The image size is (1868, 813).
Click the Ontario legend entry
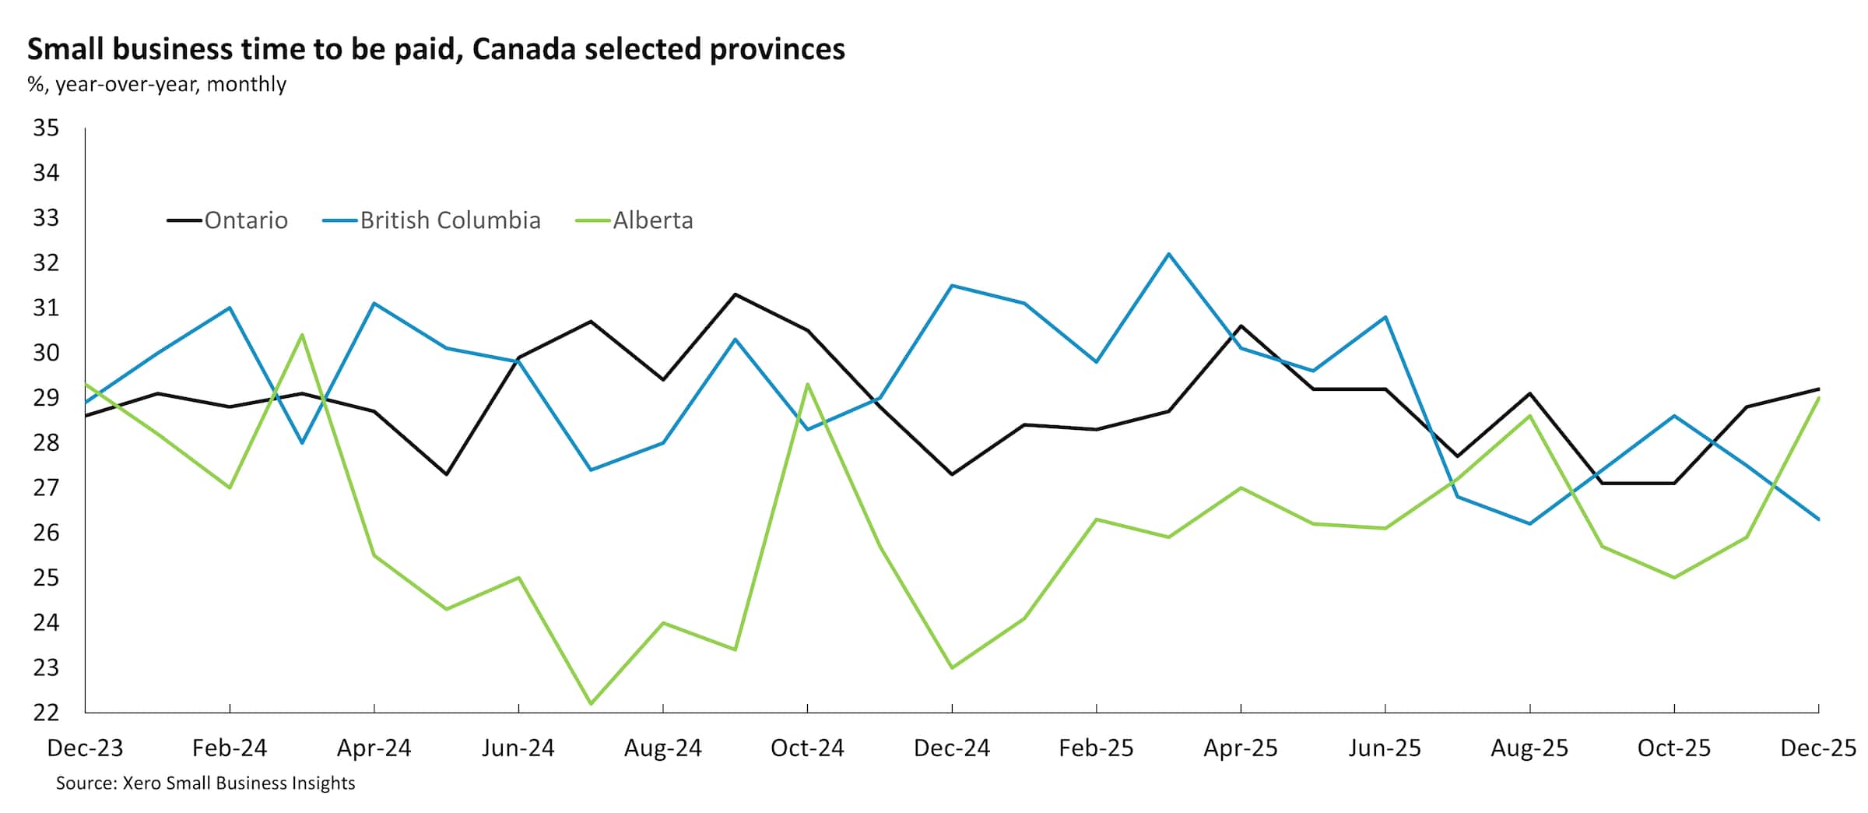coord(245,220)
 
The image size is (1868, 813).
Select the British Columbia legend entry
coord(449,220)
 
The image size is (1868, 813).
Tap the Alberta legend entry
coord(652,220)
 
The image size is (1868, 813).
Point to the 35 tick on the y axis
coord(46,128)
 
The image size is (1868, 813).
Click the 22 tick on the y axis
coord(46,713)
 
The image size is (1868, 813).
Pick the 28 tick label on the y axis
coord(46,442)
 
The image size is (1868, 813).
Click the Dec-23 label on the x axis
coord(85,748)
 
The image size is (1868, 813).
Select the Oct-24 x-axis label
coord(807,748)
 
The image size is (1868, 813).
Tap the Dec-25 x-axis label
coord(1818,748)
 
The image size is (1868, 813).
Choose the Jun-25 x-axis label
coord(1385,748)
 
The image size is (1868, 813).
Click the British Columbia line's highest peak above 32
coord(1168,254)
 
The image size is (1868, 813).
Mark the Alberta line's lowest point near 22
coord(591,704)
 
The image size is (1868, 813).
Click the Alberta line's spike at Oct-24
coord(807,384)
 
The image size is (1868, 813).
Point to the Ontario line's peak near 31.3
coord(735,294)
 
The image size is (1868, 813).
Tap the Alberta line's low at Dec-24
coord(952,667)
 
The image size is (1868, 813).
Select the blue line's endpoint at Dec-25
coord(1818,519)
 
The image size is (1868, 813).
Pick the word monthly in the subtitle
coord(247,84)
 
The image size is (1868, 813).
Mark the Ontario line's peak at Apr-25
coord(1241,326)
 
